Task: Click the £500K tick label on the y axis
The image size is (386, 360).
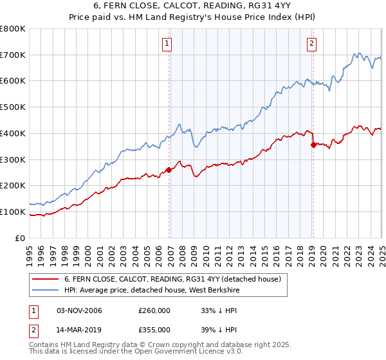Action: click(x=13, y=107)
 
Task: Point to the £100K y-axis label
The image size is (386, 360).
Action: click(x=13, y=212)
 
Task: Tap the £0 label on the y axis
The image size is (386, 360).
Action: click(x=20, y=238)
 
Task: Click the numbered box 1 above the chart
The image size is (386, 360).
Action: click(x=167, y=44)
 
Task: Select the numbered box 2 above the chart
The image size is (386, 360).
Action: click(x=311, y=44)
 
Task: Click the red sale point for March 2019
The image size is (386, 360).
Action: click(x=313, y=145)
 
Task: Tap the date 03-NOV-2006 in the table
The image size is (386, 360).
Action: click(x=79, y=311)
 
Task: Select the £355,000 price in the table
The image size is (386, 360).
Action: click(x=154, y=330)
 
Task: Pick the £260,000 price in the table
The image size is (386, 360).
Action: click(x=154, y=311)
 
